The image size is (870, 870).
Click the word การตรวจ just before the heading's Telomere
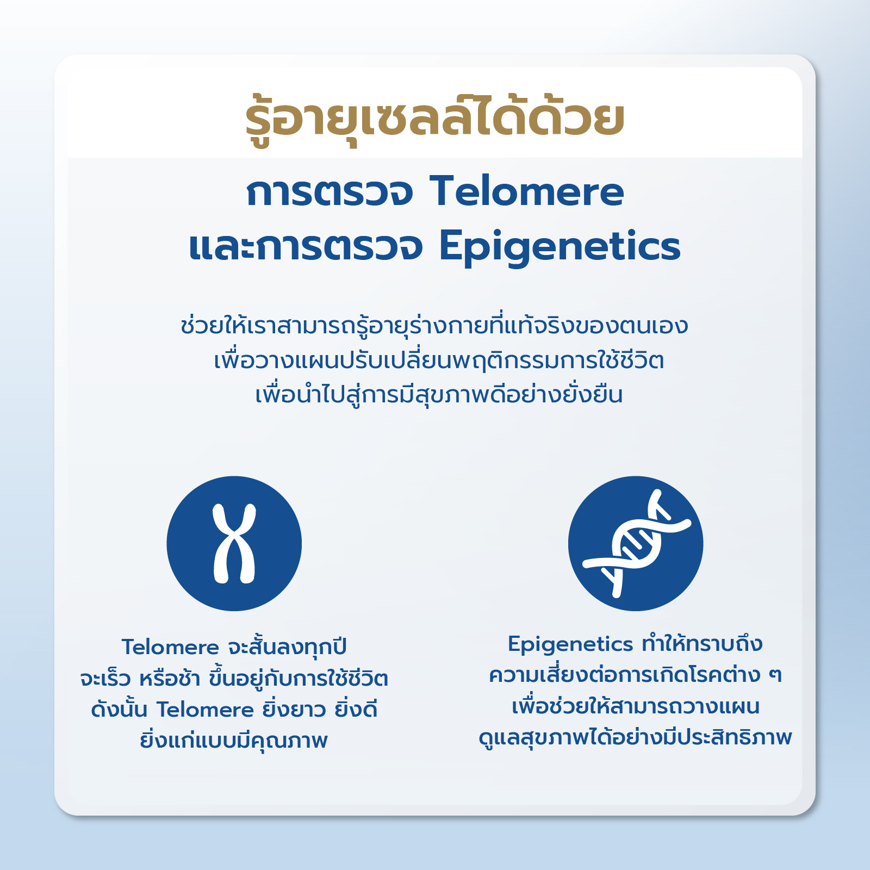pyautogui.click(x=330, y=192)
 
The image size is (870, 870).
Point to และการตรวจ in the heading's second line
pyautogui.click(x=306, y=247)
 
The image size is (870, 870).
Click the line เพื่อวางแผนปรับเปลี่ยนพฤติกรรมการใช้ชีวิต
pyautogui.click(x=439, y=359)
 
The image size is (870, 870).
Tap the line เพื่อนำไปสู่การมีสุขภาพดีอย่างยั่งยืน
pyautogui.click(x=439, y=394)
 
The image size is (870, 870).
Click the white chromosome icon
pyautogui.click(x=234, y=544)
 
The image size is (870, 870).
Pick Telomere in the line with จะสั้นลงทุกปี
pyautogui.click(x=170, y=648)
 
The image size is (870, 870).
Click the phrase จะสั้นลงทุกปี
pyautogui.click(x=287, y=647)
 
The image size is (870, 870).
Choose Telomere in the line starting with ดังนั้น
pyautogui.click(x=206, y=710)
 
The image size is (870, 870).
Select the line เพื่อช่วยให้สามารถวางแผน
pyautogui.click(x=636, y=706)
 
